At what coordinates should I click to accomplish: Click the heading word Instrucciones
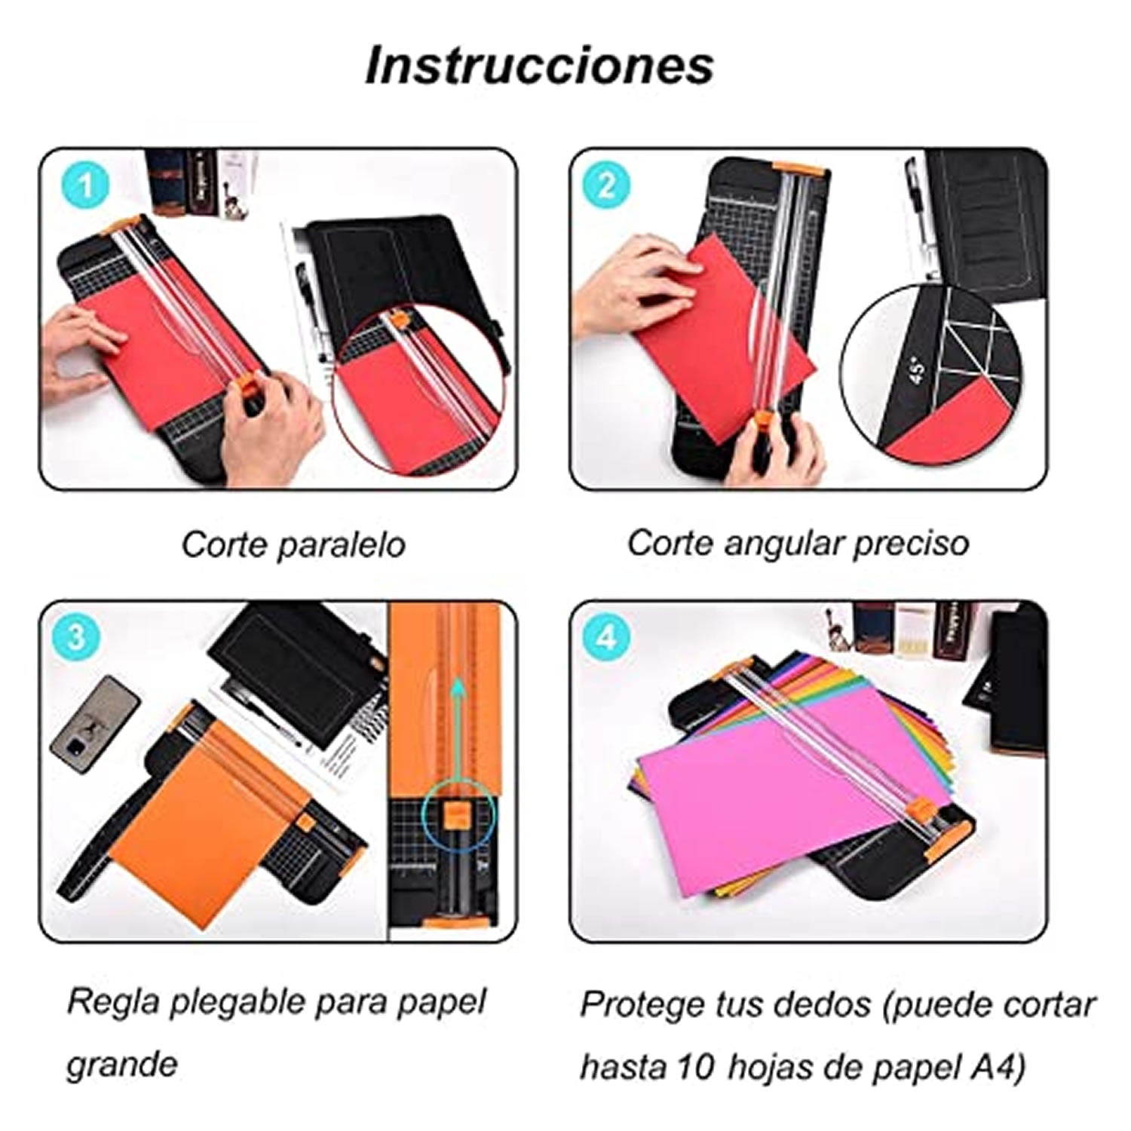pos(539,66)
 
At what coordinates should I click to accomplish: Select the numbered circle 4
pos(606,638)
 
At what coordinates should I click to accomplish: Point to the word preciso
pos(910,544)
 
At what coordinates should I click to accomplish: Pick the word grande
pos(122,1065)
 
